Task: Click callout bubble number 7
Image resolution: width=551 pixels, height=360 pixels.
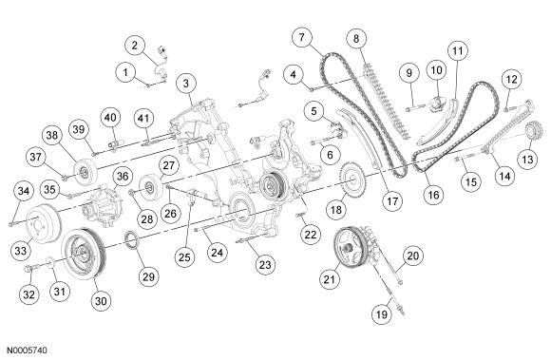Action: [x=302, y=37]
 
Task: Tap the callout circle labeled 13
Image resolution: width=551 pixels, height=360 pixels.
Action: [x=527, y=160]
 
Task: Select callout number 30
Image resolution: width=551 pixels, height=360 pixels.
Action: [x=101, y=301]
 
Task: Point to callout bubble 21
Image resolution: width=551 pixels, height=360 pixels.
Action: [x=330, y=279]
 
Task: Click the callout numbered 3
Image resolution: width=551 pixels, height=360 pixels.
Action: [x=186, y=84]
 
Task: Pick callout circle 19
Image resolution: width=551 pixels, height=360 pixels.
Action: [x=382, y=313]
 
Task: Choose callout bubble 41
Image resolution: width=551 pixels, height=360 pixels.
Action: [x=143, y=118]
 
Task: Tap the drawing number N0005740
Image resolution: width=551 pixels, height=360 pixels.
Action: [x=27, y=351]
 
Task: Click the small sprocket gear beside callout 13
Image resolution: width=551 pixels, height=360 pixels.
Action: [x=532, y=132]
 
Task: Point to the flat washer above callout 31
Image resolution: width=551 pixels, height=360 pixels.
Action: [x=50, y=261]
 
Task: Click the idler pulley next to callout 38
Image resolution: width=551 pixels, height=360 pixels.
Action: [x=85, y=172]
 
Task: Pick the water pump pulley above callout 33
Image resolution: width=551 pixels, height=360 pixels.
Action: [x=44, y=222]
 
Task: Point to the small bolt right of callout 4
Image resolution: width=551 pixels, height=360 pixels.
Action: [x=312, y=89]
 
